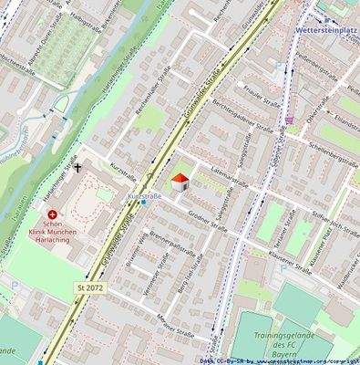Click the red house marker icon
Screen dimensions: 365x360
point(180,182)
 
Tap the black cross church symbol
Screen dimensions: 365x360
point(77,168)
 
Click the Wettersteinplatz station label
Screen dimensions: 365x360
point(326,29)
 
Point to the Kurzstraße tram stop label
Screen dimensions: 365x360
point(145,196)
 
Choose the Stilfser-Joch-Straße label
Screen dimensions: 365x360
point(324,220)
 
